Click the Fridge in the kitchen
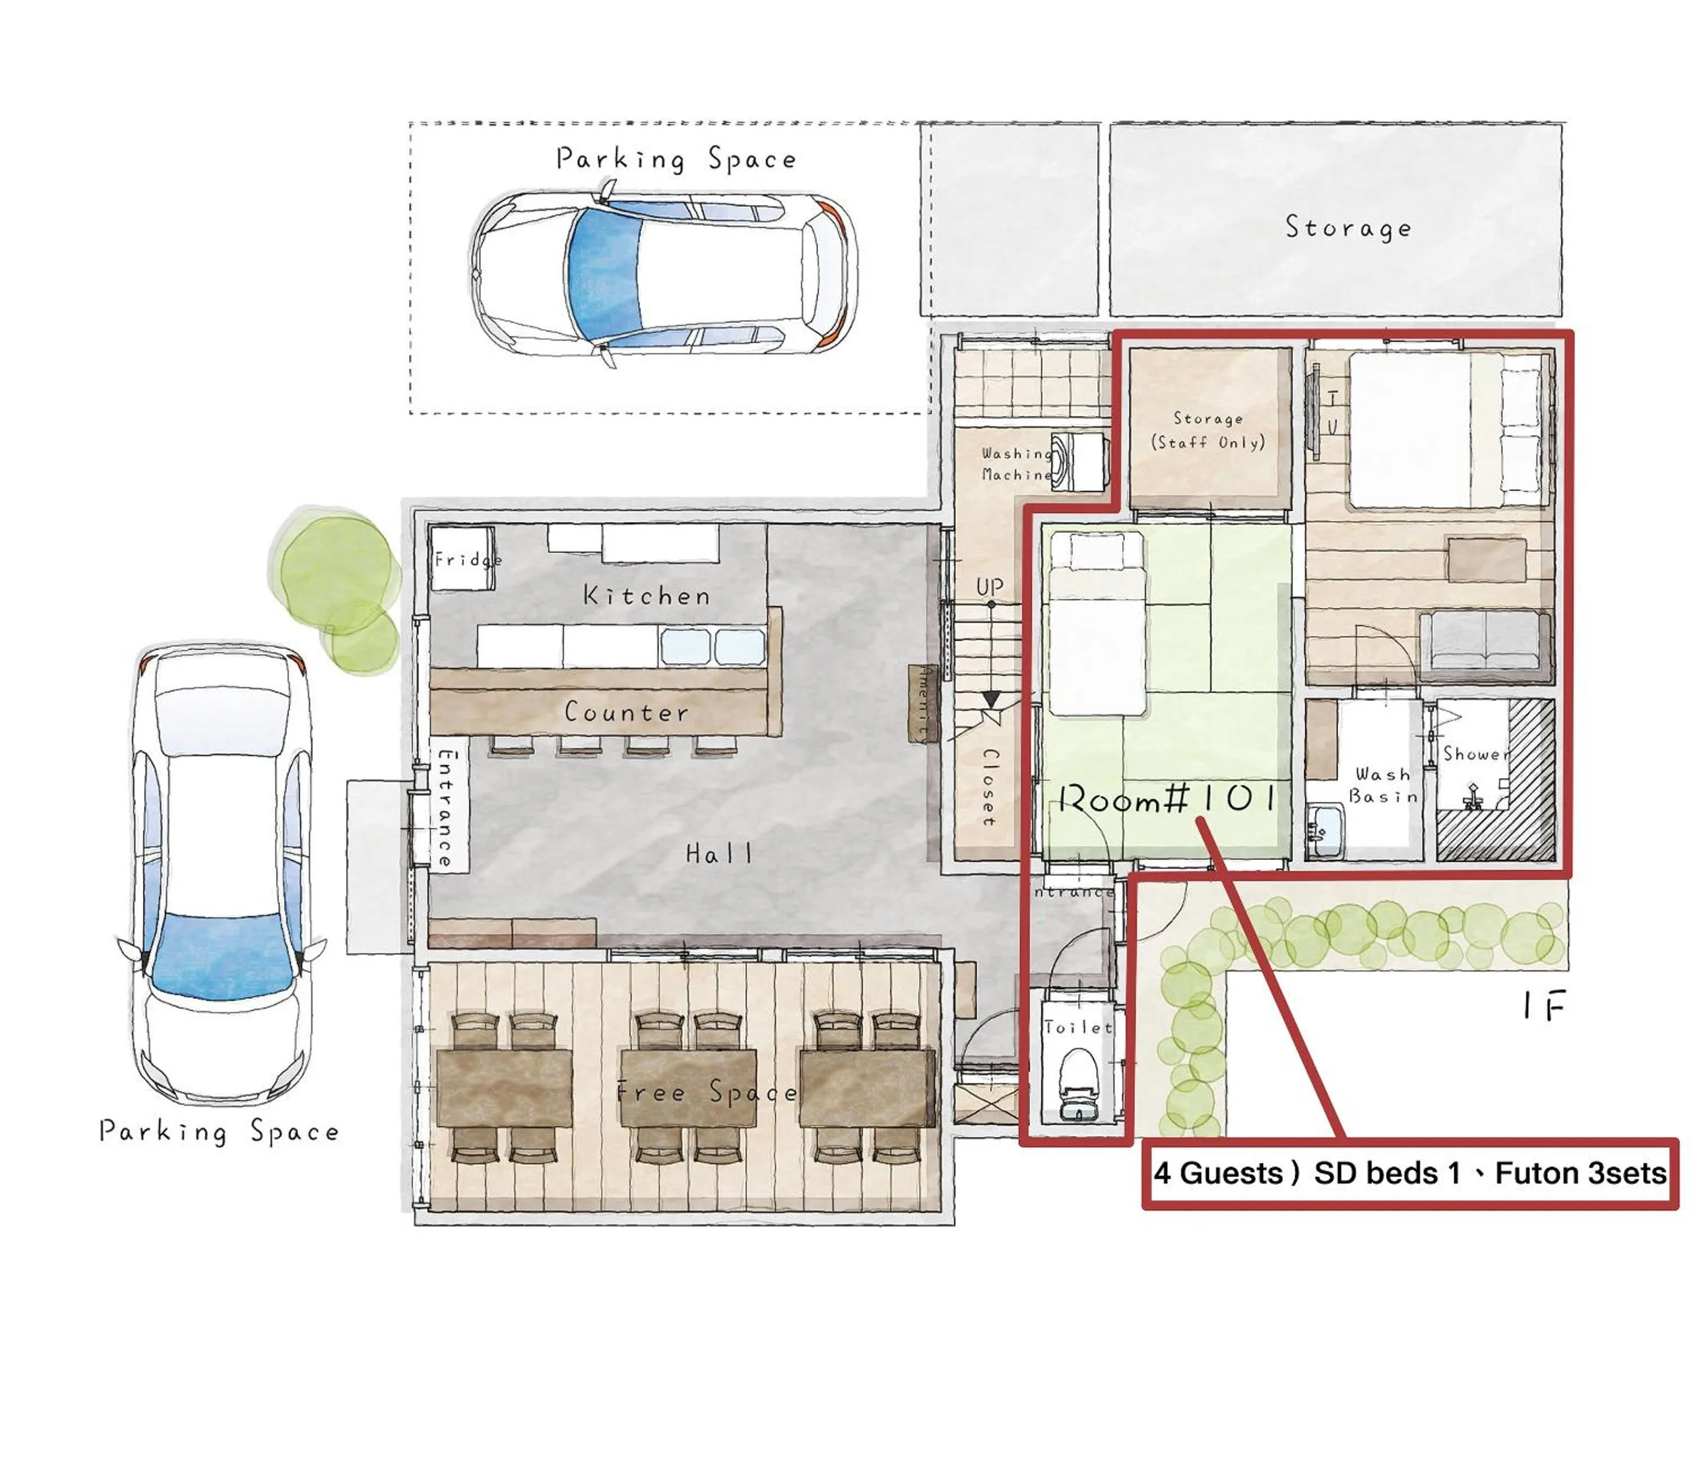[462, 558]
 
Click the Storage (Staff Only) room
[1208, 429]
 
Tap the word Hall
[719, 853]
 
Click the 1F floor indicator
[1542, 1006]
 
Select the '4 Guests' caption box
[1408, 1173]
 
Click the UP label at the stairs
[990, 586]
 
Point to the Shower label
[1476, 754]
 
